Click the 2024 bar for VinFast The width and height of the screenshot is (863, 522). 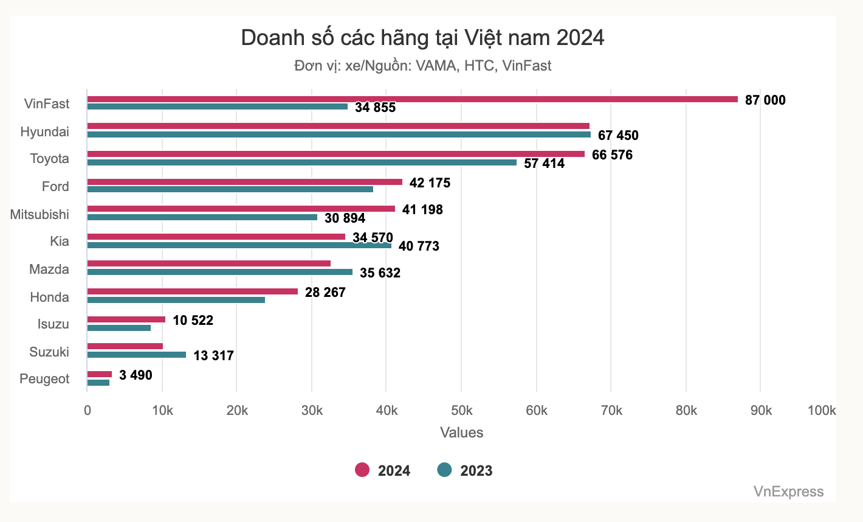412,99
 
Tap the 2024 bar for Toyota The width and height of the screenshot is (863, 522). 335,154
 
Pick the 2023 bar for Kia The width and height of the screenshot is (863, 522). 239,246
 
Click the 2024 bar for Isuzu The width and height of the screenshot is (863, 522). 126,319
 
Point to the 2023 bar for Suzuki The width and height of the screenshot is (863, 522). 136,355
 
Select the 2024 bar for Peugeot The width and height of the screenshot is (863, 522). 100,374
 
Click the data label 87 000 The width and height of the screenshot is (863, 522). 765,100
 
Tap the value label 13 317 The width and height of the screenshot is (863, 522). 213,356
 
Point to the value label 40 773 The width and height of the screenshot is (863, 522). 419,246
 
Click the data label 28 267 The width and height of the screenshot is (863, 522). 325,293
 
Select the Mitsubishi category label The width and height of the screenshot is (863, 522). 40,214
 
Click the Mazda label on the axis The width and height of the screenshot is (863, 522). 49,269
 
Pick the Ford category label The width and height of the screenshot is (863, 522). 55,186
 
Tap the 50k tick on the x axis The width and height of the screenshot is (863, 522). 461,411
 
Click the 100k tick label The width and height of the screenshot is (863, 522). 821,411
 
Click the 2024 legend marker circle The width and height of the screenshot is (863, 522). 362,470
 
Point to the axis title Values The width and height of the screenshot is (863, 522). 461,433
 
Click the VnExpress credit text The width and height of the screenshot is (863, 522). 788,492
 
